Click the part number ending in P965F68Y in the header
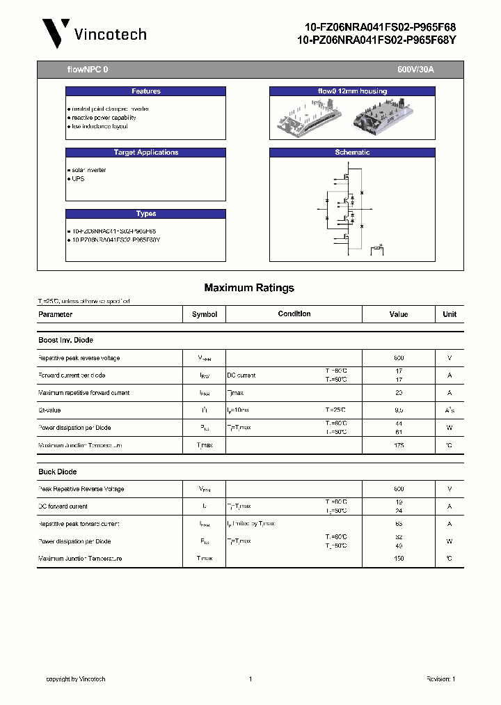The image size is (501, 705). point(376,41)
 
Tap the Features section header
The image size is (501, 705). point(145,91)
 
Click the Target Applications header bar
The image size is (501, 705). point(145,153)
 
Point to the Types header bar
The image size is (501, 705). point(145,214)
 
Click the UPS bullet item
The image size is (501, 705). point(77,179)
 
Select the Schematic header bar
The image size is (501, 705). point(352,153)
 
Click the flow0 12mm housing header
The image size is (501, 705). point(352,91)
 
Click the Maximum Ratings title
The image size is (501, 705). point(249,288)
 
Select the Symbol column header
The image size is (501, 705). point(205,314)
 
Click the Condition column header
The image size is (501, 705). point(294,314)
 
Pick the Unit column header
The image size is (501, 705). point(450,314)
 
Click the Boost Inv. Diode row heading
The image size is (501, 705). point(65,340)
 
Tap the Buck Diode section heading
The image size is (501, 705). point(57,472)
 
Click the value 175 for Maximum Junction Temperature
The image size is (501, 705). point(399,445)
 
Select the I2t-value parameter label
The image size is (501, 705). point(49,410)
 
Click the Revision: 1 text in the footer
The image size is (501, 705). point(440,679)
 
